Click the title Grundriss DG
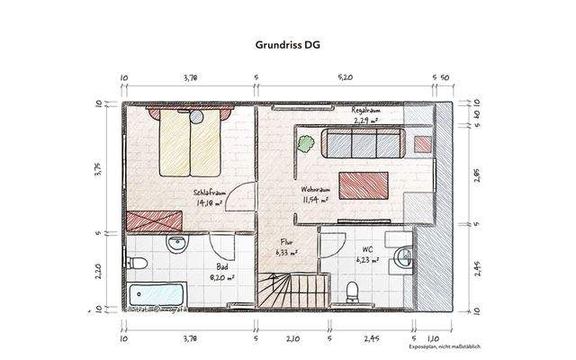[287, 41]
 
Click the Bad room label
[220, 267]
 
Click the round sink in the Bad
[175, 244]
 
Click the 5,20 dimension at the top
[345, 78]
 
